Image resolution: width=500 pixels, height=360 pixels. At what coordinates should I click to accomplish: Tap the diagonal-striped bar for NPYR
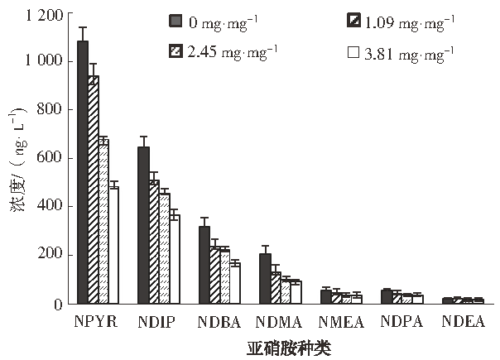click(94, 190)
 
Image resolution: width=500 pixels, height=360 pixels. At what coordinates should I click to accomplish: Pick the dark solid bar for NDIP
click(143, 224)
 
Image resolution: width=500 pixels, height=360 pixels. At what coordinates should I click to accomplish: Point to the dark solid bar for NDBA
click(204, 264)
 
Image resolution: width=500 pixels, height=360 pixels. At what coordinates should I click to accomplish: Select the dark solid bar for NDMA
click(265, 277)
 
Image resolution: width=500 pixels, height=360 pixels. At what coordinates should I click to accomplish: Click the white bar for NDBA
click(234, 282)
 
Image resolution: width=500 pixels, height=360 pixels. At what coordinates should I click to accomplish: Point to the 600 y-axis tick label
click(51, 158)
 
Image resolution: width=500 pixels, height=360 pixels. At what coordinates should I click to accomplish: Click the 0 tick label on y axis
click(58, 304)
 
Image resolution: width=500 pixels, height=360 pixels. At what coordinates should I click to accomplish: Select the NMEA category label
click(341, 322)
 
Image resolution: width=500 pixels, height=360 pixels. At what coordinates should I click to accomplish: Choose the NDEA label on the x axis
click(463, 322)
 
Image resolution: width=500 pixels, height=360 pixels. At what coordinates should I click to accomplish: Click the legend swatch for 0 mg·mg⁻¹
click(175, 20)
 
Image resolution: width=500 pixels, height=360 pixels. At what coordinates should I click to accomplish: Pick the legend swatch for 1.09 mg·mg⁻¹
click(353, 20)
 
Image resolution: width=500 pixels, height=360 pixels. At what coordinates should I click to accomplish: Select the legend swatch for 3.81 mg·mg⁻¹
click(353, 51)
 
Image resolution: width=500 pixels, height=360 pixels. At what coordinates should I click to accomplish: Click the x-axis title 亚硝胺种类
click(289, 348)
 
